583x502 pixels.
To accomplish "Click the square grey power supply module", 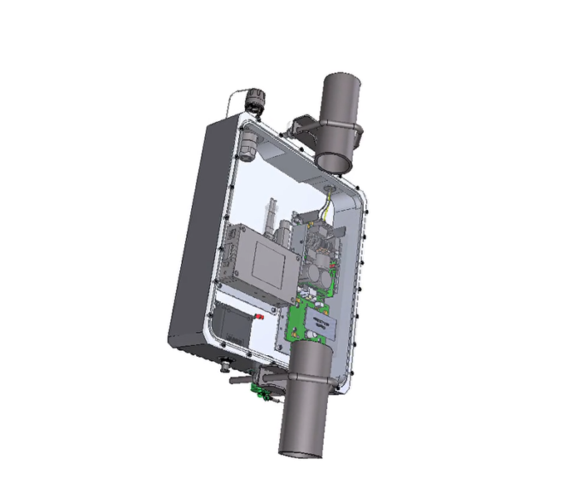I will pyautogui.click(x=262, y=260).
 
